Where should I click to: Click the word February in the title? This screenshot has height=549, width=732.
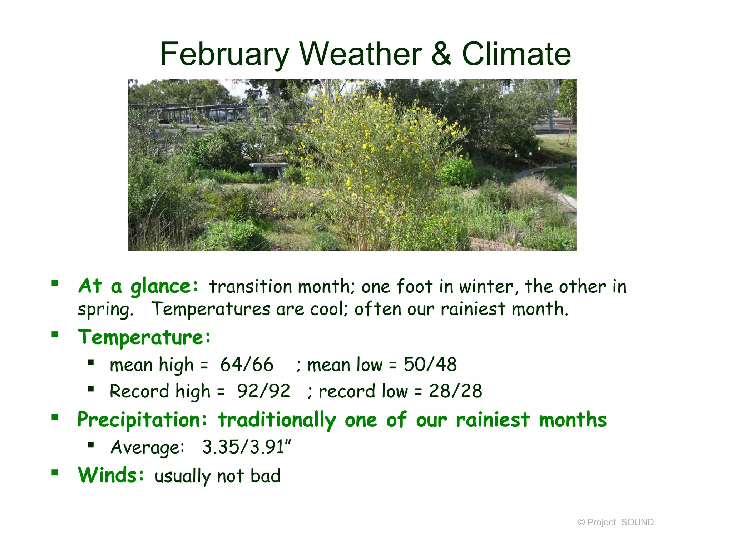click(224, 54)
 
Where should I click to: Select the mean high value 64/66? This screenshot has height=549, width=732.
click(247, 365)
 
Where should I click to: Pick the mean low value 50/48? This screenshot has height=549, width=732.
click(430, 365)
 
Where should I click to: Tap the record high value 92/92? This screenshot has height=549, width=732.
click(263, 391)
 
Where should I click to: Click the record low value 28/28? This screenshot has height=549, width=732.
click(455, 391)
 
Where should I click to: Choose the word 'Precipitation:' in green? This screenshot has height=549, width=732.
click(142, 420)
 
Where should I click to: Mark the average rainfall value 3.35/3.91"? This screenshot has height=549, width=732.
click(246, 447)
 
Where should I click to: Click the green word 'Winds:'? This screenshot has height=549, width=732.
click(111, 475)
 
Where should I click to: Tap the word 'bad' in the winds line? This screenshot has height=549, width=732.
click(265, 476)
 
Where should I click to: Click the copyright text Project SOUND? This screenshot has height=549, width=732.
click(615, 522)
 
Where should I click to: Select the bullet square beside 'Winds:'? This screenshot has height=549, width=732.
click(55, 473)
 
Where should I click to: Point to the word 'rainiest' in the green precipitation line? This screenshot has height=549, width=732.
click(493, 420)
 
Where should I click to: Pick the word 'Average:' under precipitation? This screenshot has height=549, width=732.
click(147, 447)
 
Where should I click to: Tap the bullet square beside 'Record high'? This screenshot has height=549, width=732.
click(91, 389)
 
